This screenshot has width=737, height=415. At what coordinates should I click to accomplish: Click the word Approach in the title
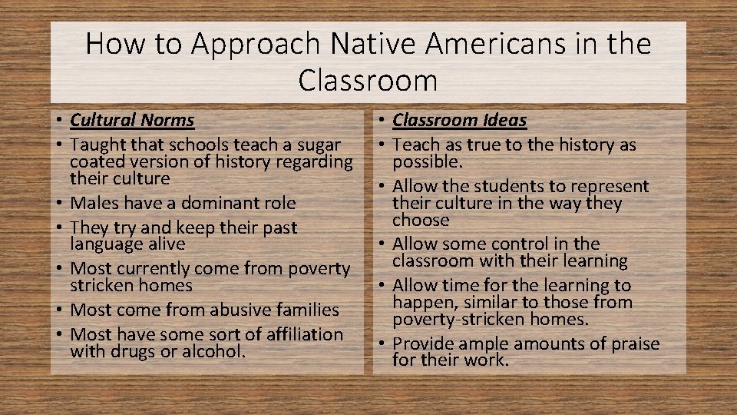pos(253,44)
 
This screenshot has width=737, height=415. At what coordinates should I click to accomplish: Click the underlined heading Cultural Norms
pos(132,120)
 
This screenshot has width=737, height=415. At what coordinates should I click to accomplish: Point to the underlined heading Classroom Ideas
pos(460,120)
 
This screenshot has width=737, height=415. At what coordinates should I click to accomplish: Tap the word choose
pos(421,220)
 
